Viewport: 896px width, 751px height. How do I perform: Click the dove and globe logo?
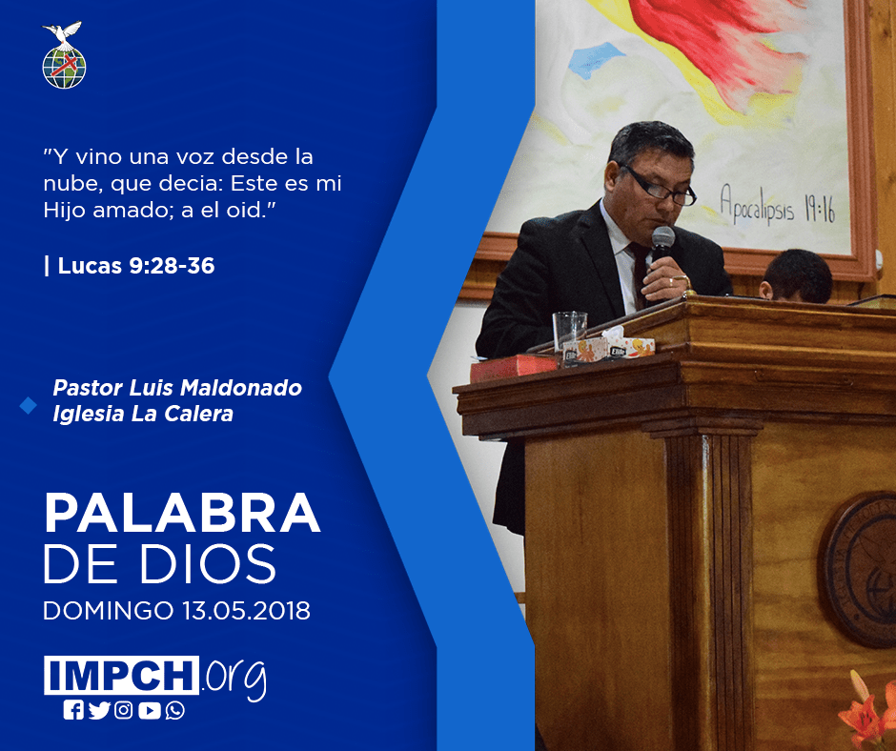click(x=64, y=55)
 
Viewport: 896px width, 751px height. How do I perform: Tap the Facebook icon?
click(x=73, y=710)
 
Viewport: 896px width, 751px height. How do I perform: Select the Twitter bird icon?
click(x=99, y=710)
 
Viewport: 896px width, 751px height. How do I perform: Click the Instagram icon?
click(x=123, y=710)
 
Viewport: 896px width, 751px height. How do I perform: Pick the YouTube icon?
click(x=149, y=710)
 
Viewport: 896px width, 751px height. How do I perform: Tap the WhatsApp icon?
click(x=174, y=710)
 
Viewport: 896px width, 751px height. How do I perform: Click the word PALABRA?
click(x=182, y=513)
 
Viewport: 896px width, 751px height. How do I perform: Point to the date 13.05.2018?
click(x=246, y=610)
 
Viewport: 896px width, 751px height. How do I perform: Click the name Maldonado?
click(x=240, y=388)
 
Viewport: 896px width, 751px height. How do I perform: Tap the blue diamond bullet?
click(x=28, y=405)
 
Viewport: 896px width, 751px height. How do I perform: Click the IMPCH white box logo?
click(x=121, y=675)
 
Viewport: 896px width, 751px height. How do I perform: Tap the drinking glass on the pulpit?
click(x=569, y=334)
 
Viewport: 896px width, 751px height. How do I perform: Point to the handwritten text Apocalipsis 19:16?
click(x=778, y=205)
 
